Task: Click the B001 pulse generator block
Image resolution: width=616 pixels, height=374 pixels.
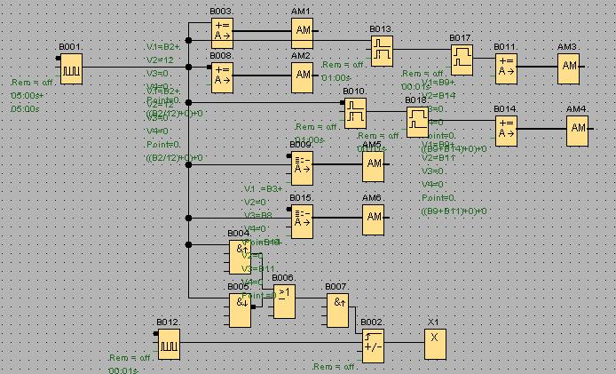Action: pyautogui.click(x=71, y=67)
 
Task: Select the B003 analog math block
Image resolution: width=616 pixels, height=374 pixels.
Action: pyautogui.click(x=223, y=33)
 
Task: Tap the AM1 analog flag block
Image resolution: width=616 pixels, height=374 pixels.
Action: pyautogui.click(x=304, y=33)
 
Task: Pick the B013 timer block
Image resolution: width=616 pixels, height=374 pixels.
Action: pyautogui.click(x=383, y=50)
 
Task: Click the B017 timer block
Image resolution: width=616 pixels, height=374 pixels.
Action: pyautogui.click(x=462, y=60)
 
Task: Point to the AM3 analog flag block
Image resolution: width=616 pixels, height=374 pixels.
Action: pyautogui.click(x=569, y=67)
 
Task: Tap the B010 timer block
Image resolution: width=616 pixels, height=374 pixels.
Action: pyautogui.click(x=355, y=112)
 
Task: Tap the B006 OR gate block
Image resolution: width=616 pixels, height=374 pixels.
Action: pyautogui.click(x=284, y=301)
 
